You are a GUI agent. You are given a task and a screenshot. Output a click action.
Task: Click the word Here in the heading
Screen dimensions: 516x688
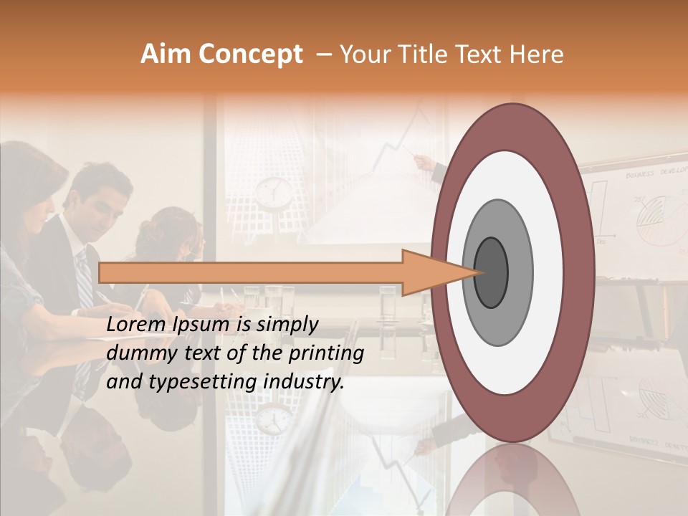point(537,55)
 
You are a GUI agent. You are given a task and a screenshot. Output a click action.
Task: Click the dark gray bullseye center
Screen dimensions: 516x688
point(492,272)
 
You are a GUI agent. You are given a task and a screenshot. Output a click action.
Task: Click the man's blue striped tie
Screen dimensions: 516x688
point(85,279)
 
